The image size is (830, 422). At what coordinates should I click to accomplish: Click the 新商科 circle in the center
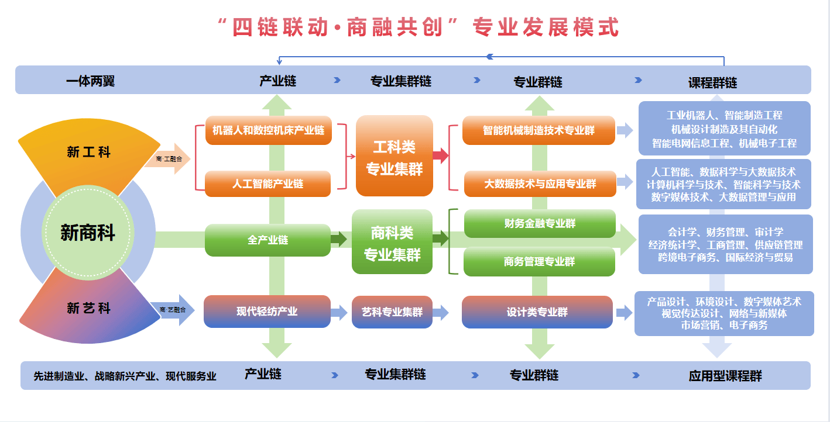[x=88, y=233]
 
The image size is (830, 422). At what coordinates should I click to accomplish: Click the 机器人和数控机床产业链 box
[x=269, y=130]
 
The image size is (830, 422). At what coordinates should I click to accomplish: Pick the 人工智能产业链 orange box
[x=269, y=184]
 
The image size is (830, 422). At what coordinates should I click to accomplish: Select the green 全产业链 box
[x=267, y=240]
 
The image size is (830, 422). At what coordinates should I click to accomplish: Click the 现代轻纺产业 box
[x=267, y=311]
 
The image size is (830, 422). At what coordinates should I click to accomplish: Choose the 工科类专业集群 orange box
[x=394, y=156]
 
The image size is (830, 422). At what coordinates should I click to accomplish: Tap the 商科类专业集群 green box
[x=392, y=242]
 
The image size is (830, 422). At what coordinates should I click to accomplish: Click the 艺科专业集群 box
[x=392, y=312]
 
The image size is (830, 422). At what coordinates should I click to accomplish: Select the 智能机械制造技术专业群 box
[x=539, y=130]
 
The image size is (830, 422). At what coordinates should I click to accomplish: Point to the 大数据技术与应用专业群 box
[x=540, y=184]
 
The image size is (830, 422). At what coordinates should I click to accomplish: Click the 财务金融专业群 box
[x=540, y=223]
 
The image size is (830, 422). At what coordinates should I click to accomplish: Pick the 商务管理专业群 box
[x=540, y=261]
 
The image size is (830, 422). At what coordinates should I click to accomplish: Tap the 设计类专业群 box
[x=537, y=312]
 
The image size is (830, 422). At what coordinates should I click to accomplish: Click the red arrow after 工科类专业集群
[x=441, y=155]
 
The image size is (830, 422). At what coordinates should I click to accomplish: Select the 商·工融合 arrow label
[x=168, y=158]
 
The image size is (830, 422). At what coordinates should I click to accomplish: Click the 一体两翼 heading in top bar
[x=91, y=81]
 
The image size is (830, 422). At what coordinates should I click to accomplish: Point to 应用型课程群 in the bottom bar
[x=725, y=376]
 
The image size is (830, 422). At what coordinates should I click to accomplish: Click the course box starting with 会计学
[x=725, y=244]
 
